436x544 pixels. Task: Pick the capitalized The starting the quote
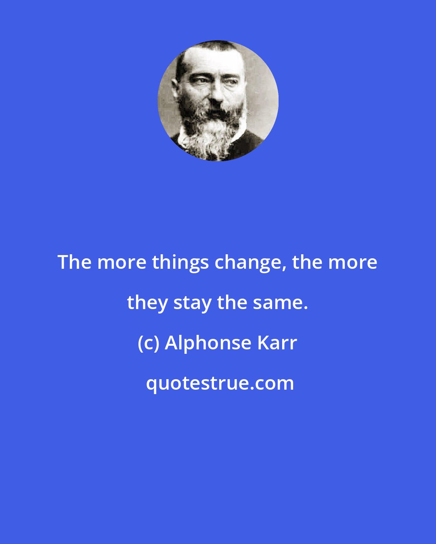74,263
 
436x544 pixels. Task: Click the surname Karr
277,343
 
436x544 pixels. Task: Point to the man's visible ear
175,86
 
